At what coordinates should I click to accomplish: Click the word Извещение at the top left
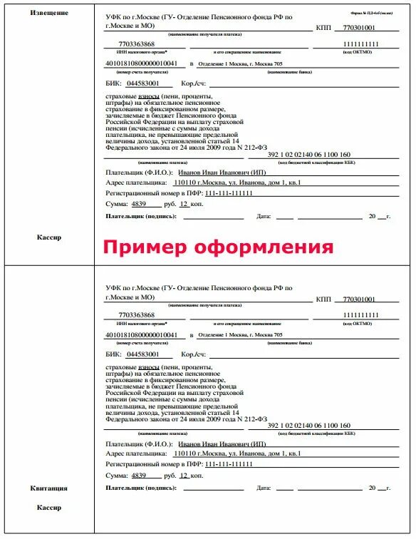pyautogui.click(x=49, y=14)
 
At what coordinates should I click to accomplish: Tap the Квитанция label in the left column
pyautogui.click(x=49, y=488)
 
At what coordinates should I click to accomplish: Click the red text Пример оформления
pyautogui.click(x=217, y=247)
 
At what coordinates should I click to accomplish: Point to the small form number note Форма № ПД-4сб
pyautogui.click(x=370, y=14)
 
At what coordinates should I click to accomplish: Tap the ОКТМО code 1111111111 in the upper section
pyautogui.click(x=360, y=43)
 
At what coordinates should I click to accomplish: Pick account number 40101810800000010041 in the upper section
pyautogui.click(x=145, y=63)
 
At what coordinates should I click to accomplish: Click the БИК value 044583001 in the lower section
pyautogui.click(x=147, y=354)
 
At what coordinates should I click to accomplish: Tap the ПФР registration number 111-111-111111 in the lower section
pyautogui.click(x=224, y=464)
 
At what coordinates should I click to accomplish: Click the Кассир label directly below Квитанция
pyautogui.click(x=49, y=508)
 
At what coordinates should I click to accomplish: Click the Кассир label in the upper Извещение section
pyautogui.click(x=49, y=237)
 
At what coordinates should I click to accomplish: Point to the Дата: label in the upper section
pyautogui.click(x=264, y=216)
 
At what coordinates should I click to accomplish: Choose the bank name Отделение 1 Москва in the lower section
pyautogui.click(x=239, y=335)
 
